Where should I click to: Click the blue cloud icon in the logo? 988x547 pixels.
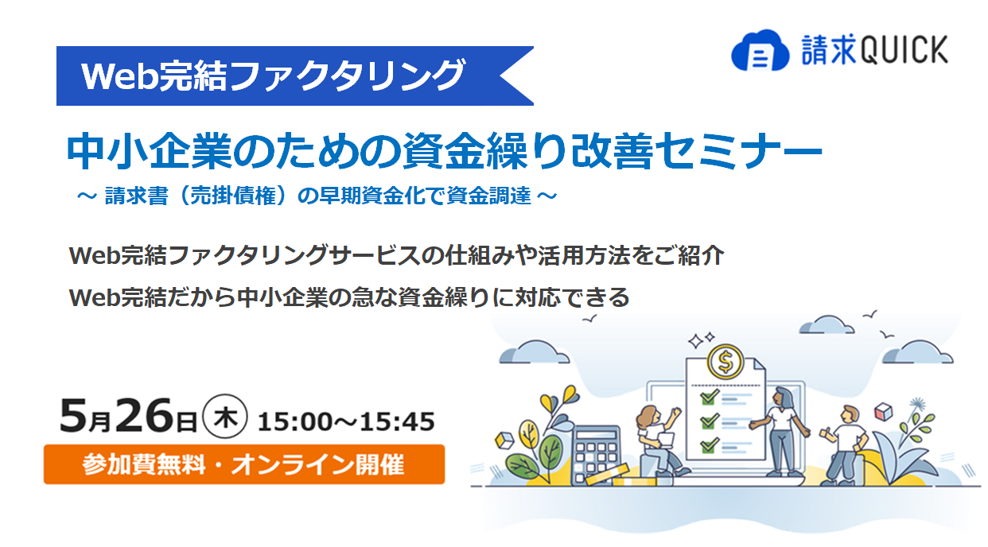[760, 50]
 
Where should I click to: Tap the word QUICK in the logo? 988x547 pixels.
[904, 50]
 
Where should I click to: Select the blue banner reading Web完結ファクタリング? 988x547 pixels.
[294, 76]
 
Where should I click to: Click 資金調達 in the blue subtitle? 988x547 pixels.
[488, 196]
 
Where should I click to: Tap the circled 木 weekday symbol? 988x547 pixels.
[225, 416]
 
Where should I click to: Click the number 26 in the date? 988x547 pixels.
[144, 416]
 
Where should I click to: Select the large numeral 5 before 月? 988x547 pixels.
[73, 416]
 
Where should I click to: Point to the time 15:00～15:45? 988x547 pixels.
[346, 421]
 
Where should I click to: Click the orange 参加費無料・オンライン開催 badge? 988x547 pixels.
[244, 464]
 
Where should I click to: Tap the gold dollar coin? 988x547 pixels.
[725, 362]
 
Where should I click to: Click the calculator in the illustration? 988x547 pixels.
[596, 455]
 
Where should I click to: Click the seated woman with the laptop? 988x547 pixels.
[657, 440]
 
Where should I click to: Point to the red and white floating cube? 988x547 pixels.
[884, 412]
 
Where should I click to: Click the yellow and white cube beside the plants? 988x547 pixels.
[504, 440]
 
